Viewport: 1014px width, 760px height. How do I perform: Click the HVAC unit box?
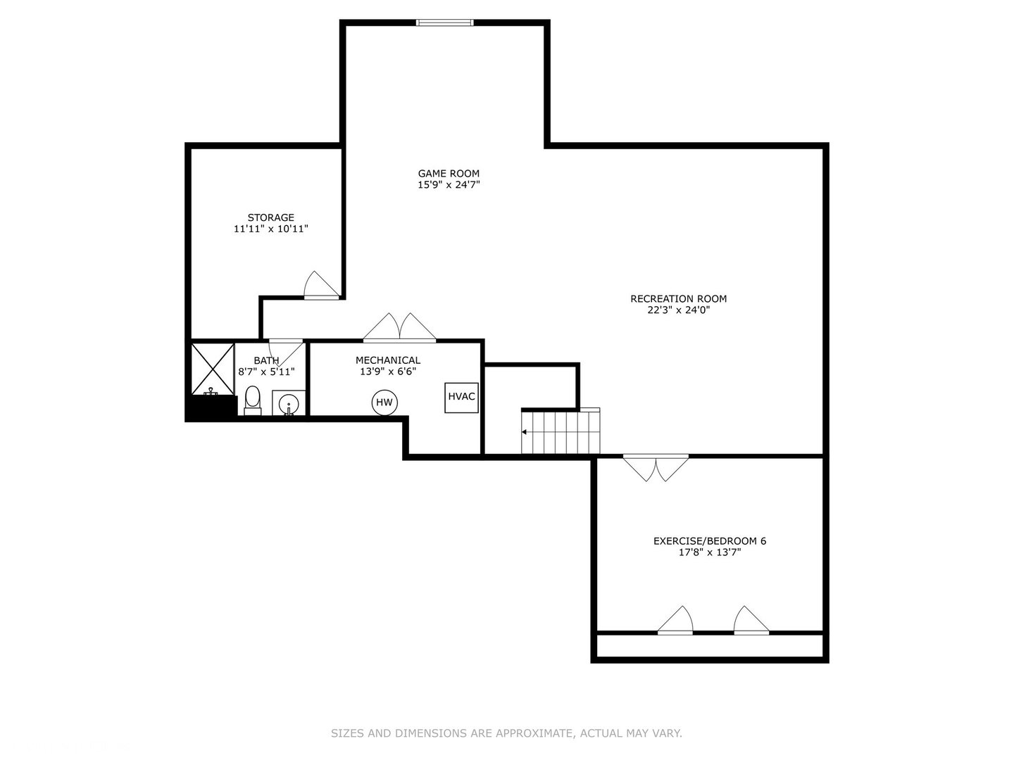pos(461,398)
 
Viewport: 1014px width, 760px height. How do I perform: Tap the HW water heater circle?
pos(384,403)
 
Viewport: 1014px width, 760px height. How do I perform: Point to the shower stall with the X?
pos(213,369)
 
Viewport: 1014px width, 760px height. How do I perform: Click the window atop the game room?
pos(445,22)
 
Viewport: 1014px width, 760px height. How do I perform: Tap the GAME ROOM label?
pos(449,174)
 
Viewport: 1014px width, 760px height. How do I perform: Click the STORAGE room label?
pos(270,217)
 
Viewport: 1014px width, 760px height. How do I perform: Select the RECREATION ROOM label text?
pos(679,298)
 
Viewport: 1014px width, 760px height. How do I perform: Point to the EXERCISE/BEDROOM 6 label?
pos(710,541)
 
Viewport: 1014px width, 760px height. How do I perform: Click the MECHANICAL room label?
pos(388,360)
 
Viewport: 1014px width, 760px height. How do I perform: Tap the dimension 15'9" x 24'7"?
pos(449,185)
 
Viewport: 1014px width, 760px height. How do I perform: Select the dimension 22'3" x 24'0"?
pos(679,310)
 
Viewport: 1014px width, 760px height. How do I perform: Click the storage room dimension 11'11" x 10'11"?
pos(270,229)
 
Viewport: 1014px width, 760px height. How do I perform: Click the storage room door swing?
pos(322,285)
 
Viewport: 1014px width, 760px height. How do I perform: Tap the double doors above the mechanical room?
pos(399,328)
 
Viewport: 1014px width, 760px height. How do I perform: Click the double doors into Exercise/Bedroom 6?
pos(656,468)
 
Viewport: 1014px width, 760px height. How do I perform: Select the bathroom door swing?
pos(285,352)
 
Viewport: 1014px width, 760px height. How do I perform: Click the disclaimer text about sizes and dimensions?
pos(506,733)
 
